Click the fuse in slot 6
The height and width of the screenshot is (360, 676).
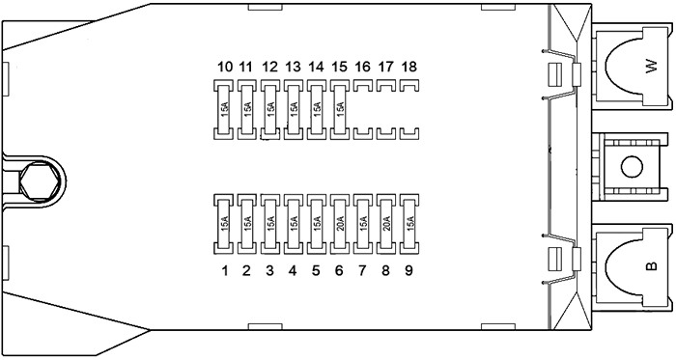coord(339,224)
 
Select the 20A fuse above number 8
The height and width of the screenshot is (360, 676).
coord(386,224)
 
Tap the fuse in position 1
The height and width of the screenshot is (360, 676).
coord(223,224)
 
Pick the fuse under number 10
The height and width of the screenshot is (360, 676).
coord(223,110)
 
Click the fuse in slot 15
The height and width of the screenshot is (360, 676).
coord(339,110)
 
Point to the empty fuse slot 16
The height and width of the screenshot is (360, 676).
coord(362,110)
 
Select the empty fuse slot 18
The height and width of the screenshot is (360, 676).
coord(409,110)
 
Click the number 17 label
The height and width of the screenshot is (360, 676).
coord(385,67)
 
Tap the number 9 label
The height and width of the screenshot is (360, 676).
coord(408,270)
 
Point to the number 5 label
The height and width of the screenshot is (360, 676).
coord(316,270)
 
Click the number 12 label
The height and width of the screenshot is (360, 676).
coord(269,67)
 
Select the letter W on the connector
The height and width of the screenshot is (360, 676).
coord(652,67)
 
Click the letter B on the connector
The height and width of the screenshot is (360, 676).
coord(652,265)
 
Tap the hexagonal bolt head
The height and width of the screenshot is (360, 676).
coord(40,181)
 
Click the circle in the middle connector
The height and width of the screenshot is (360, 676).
coord(632,167)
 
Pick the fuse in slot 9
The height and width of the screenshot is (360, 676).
coord(409,224)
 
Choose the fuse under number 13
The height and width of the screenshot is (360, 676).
coord(293,110)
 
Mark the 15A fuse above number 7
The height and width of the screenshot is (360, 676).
coord(362,224)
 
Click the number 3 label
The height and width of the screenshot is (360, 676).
coord(269,270)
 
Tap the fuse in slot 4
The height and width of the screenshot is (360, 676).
coord(293,224)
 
